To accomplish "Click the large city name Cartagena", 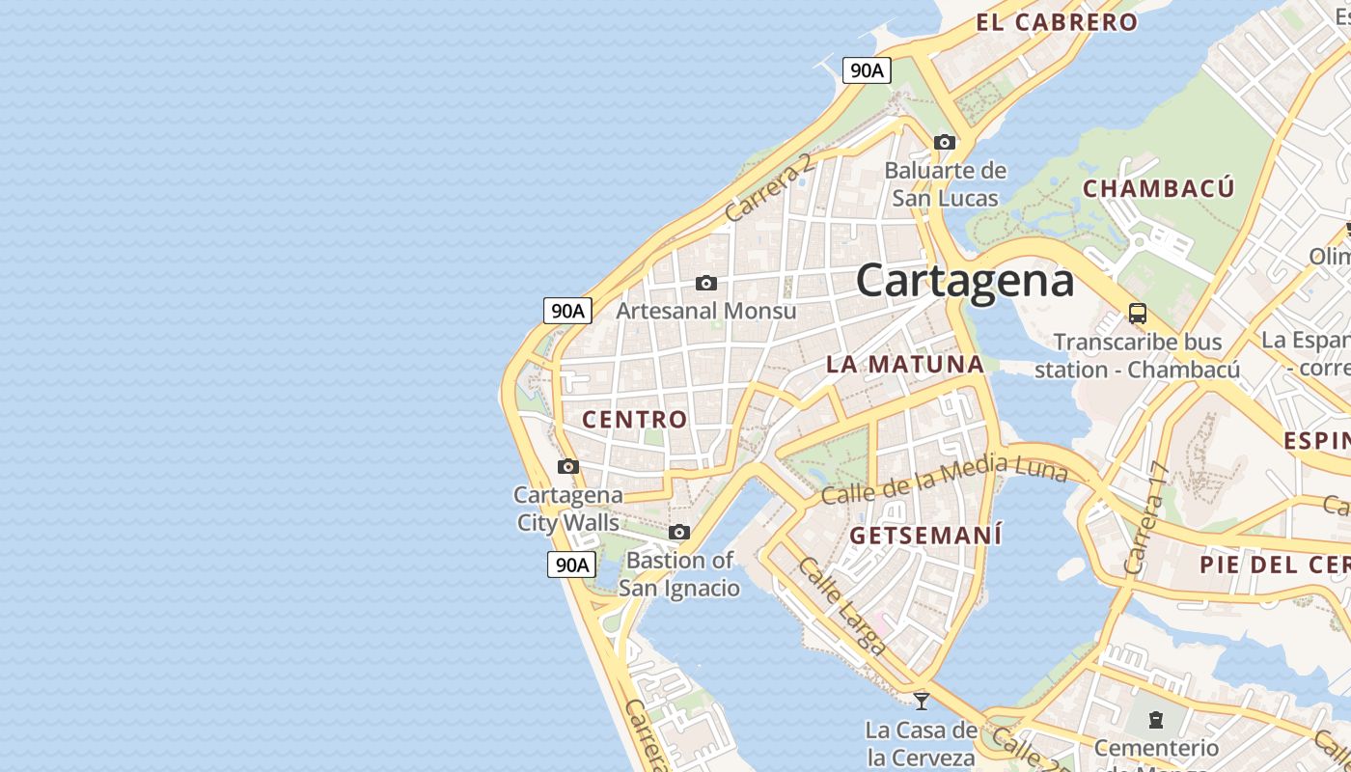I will coord(965,280).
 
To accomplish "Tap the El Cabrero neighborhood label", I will coord(1057,22).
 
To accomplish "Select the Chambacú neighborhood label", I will coord(1158,188).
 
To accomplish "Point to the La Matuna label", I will coord(904,364).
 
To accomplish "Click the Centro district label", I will coord(634,419).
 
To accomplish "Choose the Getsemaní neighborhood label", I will coord(925,535).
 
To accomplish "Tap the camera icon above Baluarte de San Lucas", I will coord(945,143).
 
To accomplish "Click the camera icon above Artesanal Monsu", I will coord(706,283).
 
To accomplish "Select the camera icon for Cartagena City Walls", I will coord(568,467).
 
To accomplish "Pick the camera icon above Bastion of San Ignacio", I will coord(679,533).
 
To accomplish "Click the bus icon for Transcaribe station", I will coord(1138,314).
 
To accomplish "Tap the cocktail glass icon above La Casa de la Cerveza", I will coord(922,701).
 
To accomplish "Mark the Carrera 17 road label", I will coord(1146,518).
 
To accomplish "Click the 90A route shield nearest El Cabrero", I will coord(866,70).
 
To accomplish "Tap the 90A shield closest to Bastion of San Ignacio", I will coord(571,565).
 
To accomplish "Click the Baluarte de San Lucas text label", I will coord(945,184).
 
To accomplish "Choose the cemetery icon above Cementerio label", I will coord(1156,720).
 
